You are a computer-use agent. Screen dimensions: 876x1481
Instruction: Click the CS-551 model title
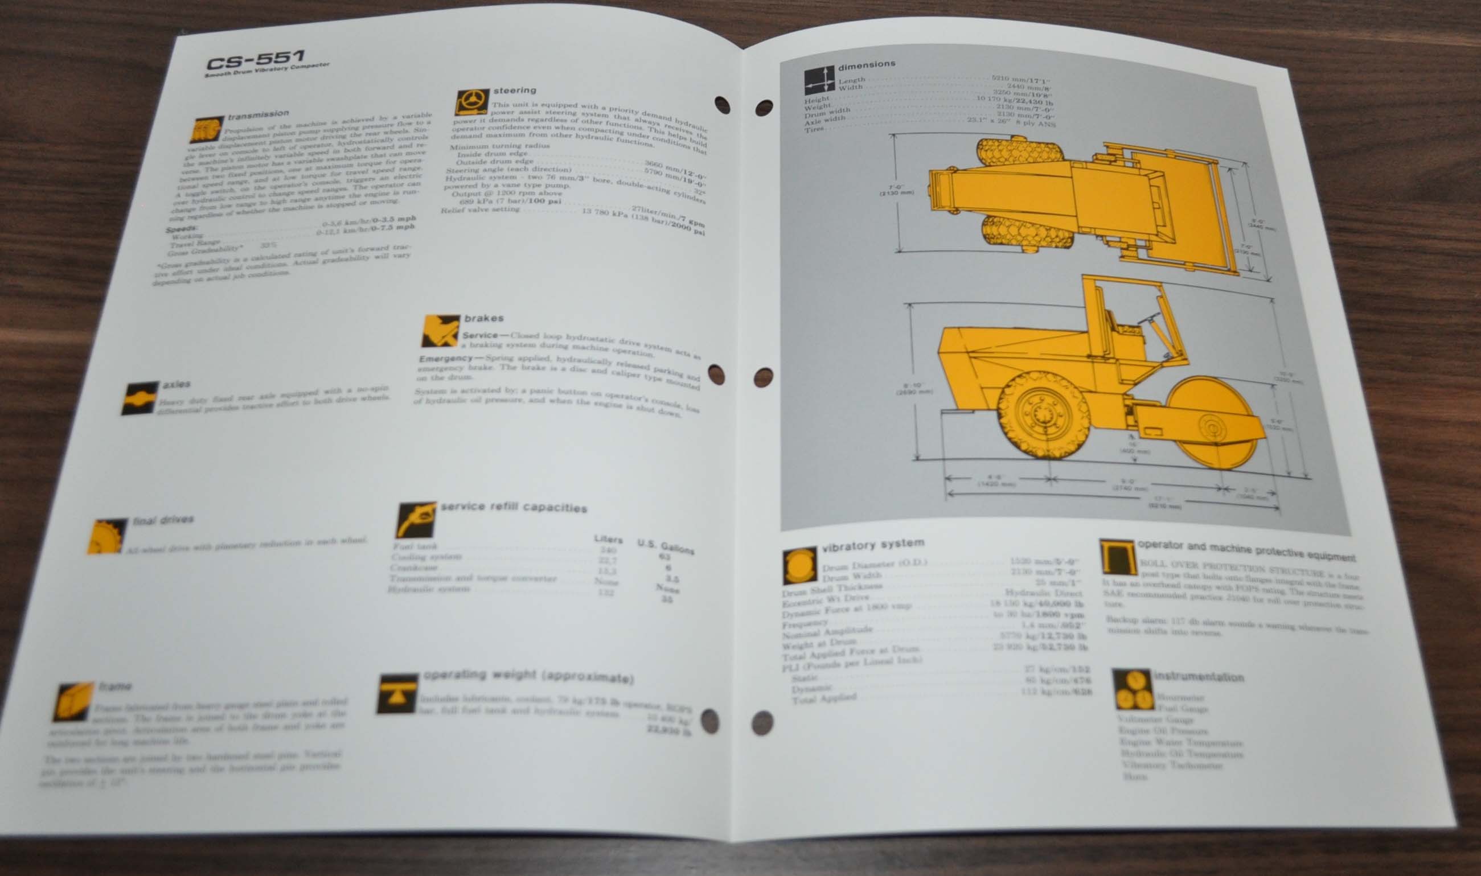(x=255, y=60)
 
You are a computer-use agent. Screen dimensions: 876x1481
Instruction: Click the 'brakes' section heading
(x=483, y=318)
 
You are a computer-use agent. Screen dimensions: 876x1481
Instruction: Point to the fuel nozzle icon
(x=415, y=520)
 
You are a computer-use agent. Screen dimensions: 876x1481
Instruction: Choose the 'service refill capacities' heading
(x=514, y=507)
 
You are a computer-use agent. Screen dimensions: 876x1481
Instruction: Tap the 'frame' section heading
(x=115, y=686)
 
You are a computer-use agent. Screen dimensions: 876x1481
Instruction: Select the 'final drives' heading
(x=163, y=520)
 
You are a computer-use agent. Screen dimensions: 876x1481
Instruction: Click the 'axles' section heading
(x=176, y=384)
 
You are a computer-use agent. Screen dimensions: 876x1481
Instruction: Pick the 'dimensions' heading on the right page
(x=866, y=64)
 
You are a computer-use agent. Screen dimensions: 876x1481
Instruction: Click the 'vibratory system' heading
(x=873, y=544)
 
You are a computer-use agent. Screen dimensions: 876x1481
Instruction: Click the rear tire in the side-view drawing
(x=1043, y=414)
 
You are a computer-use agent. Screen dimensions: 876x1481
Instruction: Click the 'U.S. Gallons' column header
(x=665, y=545)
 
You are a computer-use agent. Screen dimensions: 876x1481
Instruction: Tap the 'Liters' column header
(x=608, y=539)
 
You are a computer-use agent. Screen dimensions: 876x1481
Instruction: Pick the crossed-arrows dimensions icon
(x=819, y=81)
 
